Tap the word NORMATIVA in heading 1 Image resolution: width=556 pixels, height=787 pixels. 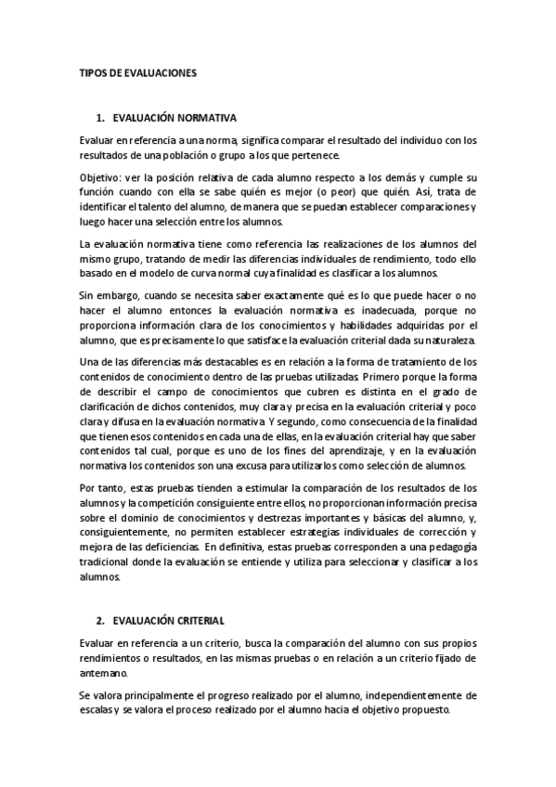(x=206, y=119)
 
